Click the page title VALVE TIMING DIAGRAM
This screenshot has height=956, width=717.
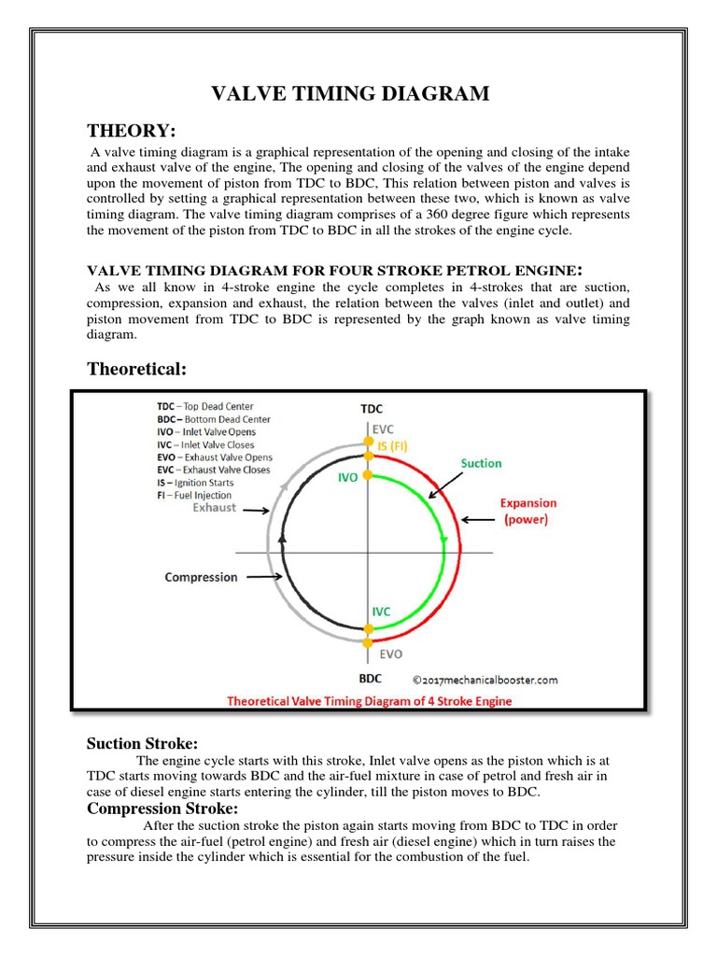tap(350, 93)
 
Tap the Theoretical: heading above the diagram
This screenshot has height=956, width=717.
tap(137, 369)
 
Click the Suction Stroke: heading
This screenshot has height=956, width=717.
tap(142, 743)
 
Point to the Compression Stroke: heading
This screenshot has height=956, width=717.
tap(162, 808)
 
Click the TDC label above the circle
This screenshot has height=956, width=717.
tap(371, 409)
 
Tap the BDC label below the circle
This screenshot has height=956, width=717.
tap(371, 679)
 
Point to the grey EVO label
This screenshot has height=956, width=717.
tap(389, 654)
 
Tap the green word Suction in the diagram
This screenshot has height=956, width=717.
tap(481, 463)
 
